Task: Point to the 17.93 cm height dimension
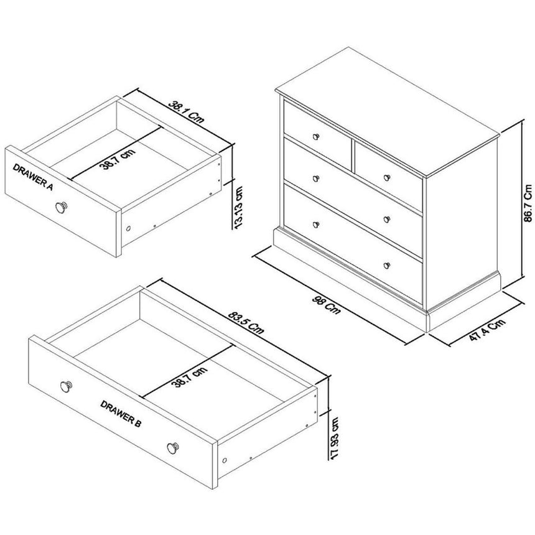pyautogui.click(x=335, y=438)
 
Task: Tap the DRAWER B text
pyautogui.click(x=121, y=414)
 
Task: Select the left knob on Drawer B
pyautogui.click(x=65, y=386)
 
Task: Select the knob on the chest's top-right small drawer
pyautogui.click(x=387, y=177)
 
